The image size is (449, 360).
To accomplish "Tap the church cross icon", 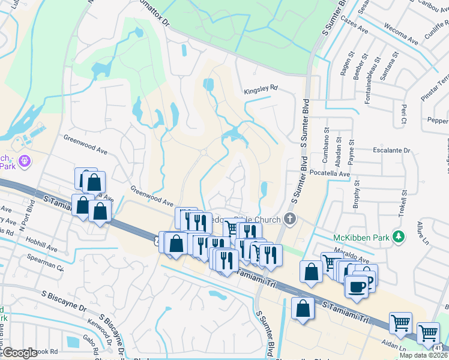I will click(291, 218).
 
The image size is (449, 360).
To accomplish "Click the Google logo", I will click(19, 353).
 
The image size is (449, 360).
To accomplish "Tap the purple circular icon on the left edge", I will click(25, 161).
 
